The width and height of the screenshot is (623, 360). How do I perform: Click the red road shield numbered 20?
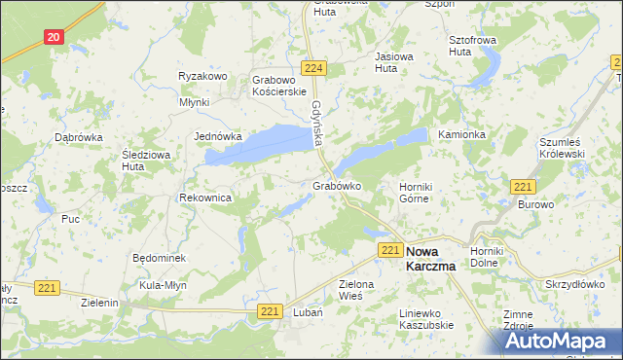[54, 37]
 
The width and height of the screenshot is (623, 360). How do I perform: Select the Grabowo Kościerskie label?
[280, 85]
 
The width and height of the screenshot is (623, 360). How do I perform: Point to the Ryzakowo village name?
[202, 76]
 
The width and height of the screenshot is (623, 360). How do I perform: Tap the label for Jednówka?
[218, 137]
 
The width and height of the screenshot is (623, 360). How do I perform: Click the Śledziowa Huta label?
[146, 161]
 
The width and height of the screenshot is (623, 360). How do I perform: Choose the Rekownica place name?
[204, 198]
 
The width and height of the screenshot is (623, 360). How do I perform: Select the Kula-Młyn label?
[163, 285]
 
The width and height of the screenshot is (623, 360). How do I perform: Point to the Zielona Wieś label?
[356, 290]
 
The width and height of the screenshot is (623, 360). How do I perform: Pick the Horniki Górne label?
[415, 193]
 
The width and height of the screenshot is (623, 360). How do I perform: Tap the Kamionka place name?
[461, 134]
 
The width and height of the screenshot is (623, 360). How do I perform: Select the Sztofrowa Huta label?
[472, 46]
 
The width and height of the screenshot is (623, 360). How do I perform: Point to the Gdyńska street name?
[317, 125]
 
